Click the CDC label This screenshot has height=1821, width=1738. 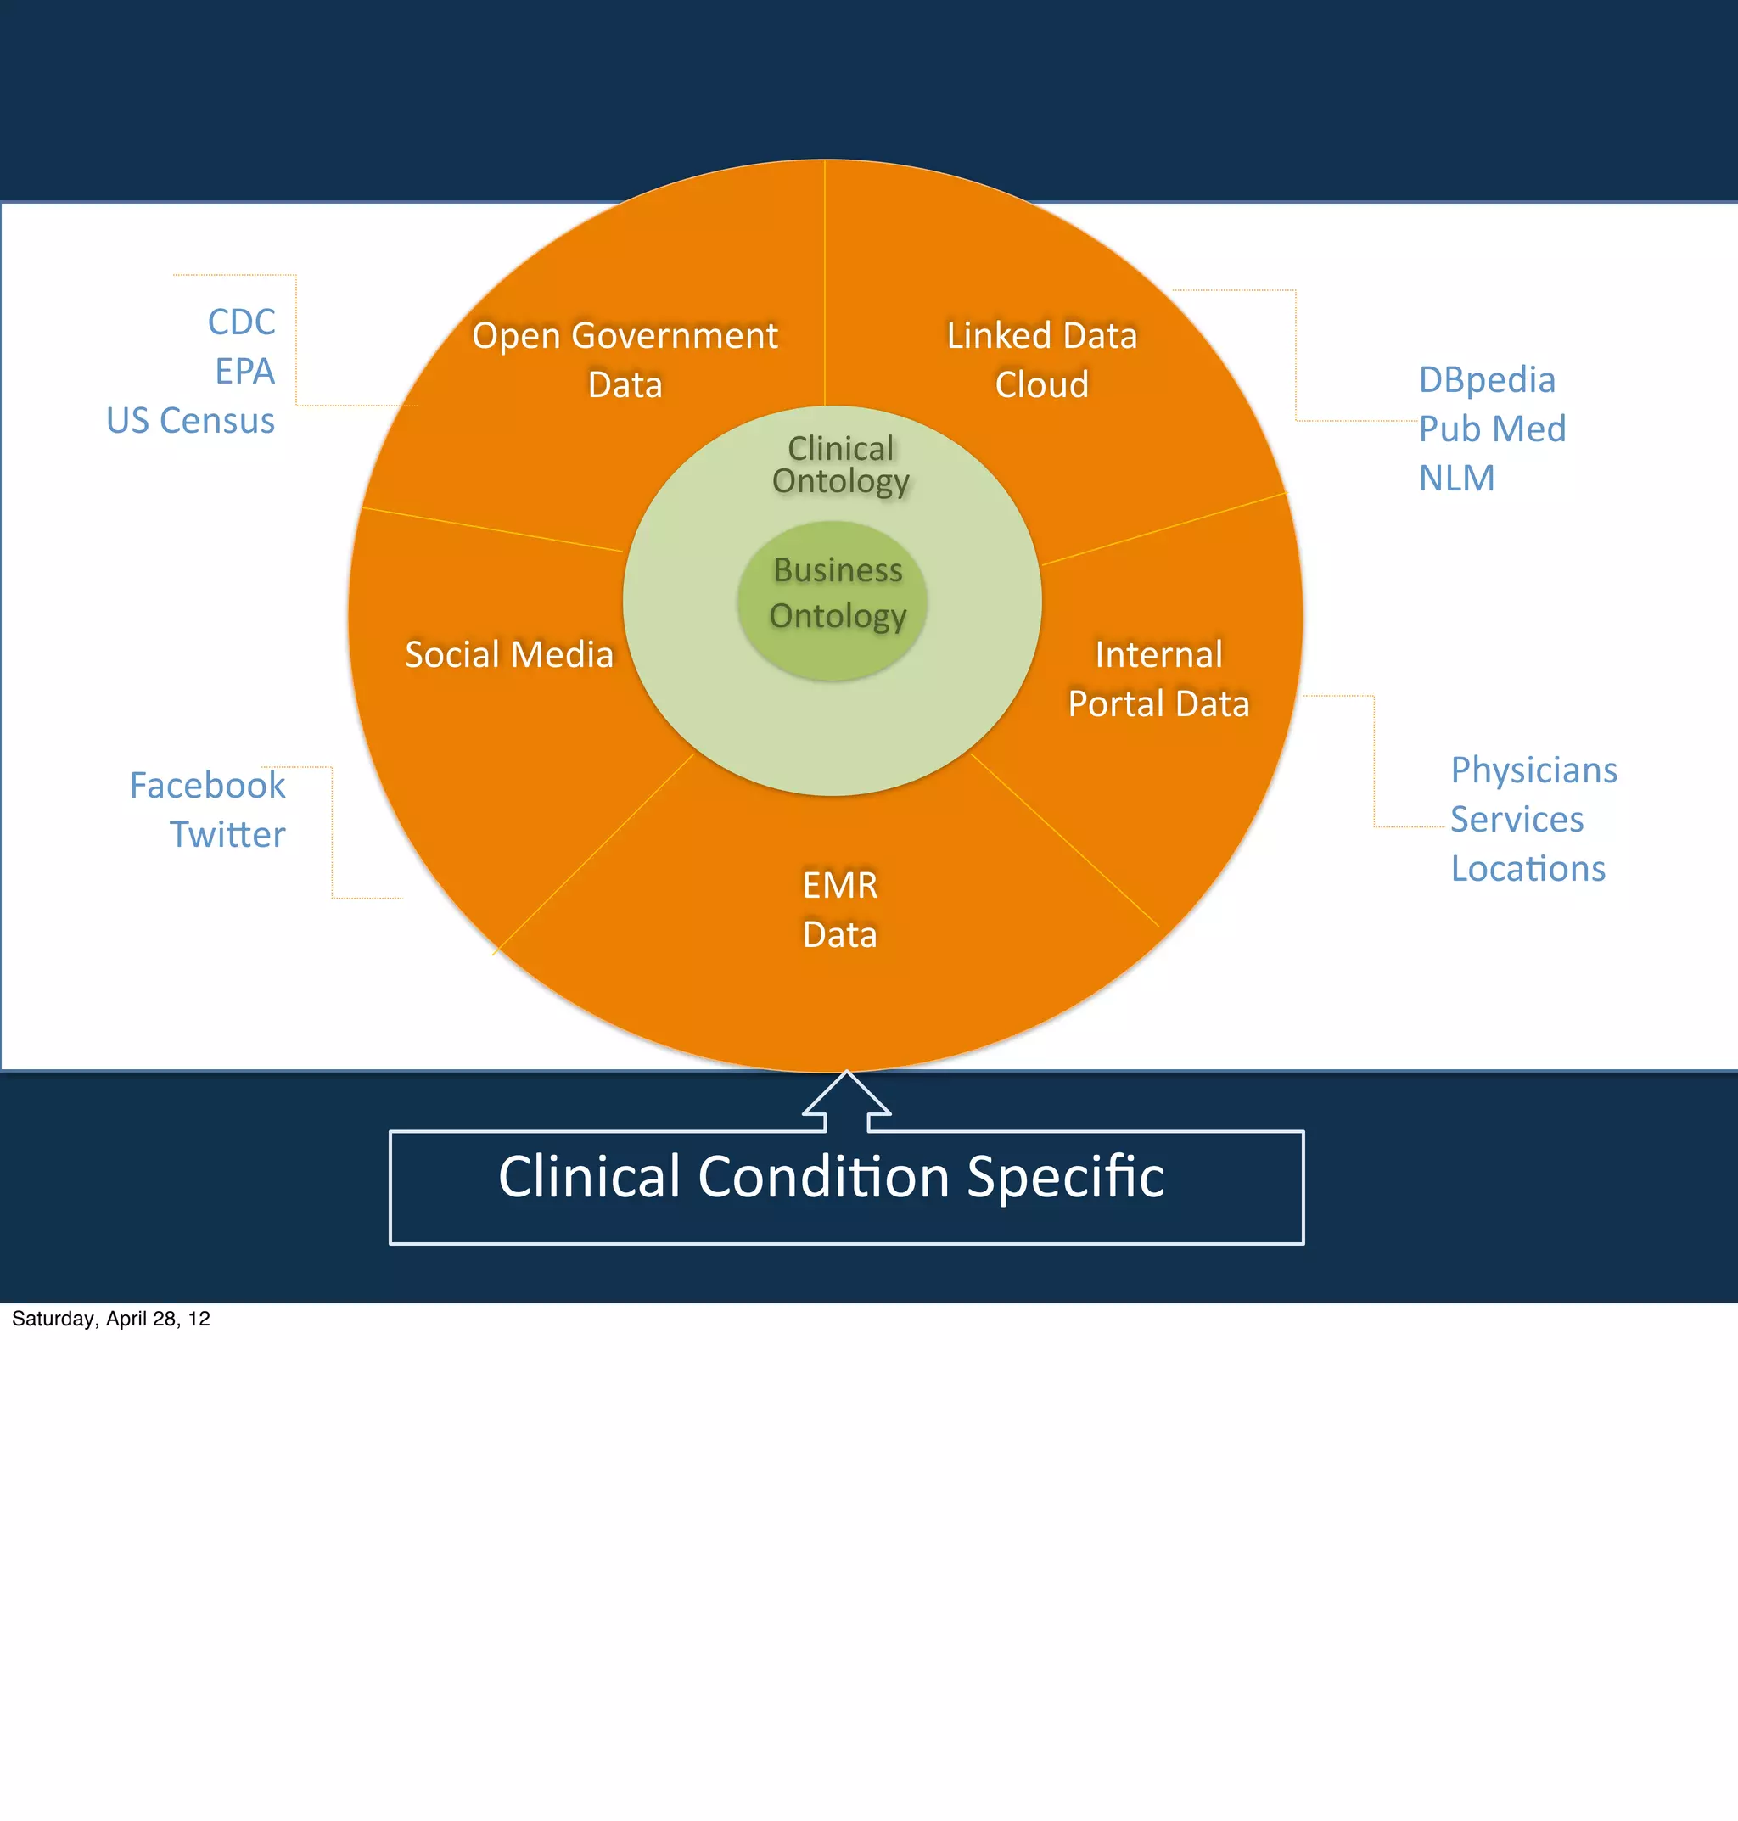(x=241, y=322)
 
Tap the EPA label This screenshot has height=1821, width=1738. (x=244, y=372)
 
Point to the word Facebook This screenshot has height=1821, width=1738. (x=208, y=786)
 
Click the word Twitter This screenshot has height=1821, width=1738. (x=227, y=834)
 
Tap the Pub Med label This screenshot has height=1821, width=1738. (x=1492, y=429)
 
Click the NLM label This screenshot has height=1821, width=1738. (x=1456, y=478)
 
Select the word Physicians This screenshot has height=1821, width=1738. (x=1533, y=770)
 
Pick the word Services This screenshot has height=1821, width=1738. (x=1517, y=819)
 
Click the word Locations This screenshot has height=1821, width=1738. (x=1528, y=869)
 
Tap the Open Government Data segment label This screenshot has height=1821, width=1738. (x=625, y=360)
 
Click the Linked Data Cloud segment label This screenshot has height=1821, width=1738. (x=1041, y=360)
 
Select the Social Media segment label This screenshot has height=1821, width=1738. (x=508, y=654)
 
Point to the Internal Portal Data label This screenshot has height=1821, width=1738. (x=1158, y=679)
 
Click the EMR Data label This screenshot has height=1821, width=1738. (x=839, y=910)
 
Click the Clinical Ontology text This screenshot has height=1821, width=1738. (x=840, y=464)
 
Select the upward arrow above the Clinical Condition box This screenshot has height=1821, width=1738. (x=846, y=1101)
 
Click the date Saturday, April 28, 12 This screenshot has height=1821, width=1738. (x=110, y=1318)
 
